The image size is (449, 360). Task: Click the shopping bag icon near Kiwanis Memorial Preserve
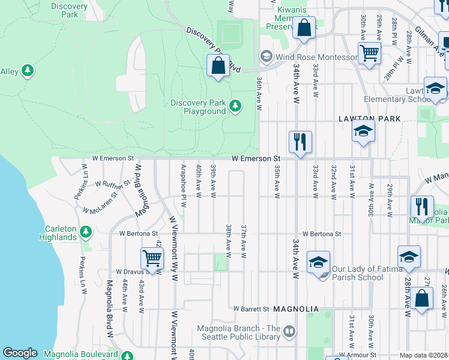[304, 28]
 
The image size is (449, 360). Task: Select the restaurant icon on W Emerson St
[300, 142]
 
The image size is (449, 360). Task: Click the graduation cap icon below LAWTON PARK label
[363, 131]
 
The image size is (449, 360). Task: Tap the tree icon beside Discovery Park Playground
[235, 106]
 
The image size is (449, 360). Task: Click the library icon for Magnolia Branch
[289, 331]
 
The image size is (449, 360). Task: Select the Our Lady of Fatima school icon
[318, 262]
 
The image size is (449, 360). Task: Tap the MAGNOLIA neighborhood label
[295, 308]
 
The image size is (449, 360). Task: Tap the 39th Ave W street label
[213, 182]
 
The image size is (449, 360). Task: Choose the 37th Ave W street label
[244, 242]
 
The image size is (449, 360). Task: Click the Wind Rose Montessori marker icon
[266, 57]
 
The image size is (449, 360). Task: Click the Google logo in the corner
[20, 353]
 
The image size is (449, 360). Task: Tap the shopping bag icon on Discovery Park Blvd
[218, 65]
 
